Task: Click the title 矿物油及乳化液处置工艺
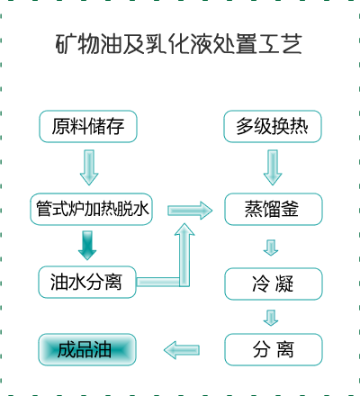tap(179, 44)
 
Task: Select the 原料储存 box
tap(88, 126)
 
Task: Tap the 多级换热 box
tap(273, 126)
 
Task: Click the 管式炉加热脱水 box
tap(92, 209)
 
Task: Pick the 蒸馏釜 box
tap(274, 209)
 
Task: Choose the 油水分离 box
tap(87, 282)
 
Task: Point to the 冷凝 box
tap(274, 283)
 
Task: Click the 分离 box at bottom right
tap(274, 349)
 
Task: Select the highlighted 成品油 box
tap(87, 349)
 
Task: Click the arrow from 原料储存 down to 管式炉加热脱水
tap(89, 167)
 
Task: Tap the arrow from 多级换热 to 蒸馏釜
tap(273, 167)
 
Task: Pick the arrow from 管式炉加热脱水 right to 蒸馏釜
tap(190, 211)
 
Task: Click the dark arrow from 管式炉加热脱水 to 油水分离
tap(87, 246)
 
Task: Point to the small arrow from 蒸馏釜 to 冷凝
tap(271, 247)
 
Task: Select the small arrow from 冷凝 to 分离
tap(271, 318)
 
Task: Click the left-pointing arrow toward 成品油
tap(182, 350)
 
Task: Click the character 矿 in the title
tap(66, 44)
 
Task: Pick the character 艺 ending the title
tap(292, 44)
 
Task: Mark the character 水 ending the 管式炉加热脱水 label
tap(141, 209)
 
